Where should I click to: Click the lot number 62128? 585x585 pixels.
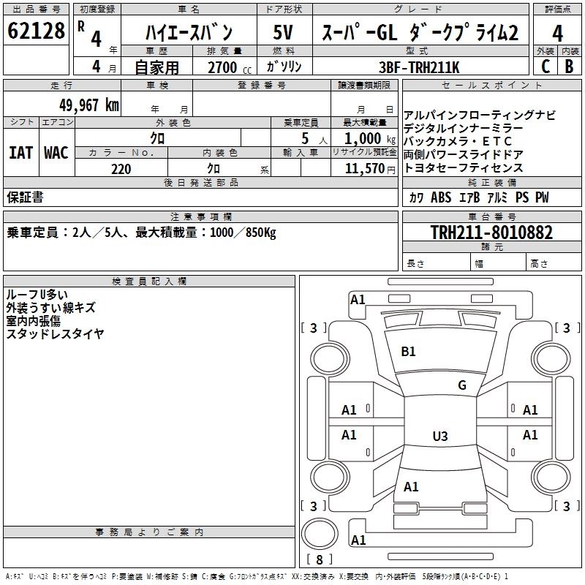pos(36,32)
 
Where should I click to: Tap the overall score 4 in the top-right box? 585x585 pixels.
pos(557,34)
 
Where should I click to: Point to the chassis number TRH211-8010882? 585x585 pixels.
pos(491,233)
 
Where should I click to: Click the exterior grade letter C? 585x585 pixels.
pos(545,67)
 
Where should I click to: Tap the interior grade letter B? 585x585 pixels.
pos(569,67)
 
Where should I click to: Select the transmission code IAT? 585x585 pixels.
pos(20,153)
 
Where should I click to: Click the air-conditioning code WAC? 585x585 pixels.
pos(56,153)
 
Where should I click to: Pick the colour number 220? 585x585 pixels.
pos(121,169)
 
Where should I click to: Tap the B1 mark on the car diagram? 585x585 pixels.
pos(408,352)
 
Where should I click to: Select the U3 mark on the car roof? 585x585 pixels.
pos(439,437)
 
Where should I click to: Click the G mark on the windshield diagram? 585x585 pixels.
pos(461,385)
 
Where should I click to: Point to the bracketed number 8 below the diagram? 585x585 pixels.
pos(319,559)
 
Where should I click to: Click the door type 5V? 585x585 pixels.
pos(283,34)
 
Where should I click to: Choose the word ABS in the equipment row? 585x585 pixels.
pos(441,198)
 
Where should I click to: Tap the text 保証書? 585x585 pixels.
pos(25,197)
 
